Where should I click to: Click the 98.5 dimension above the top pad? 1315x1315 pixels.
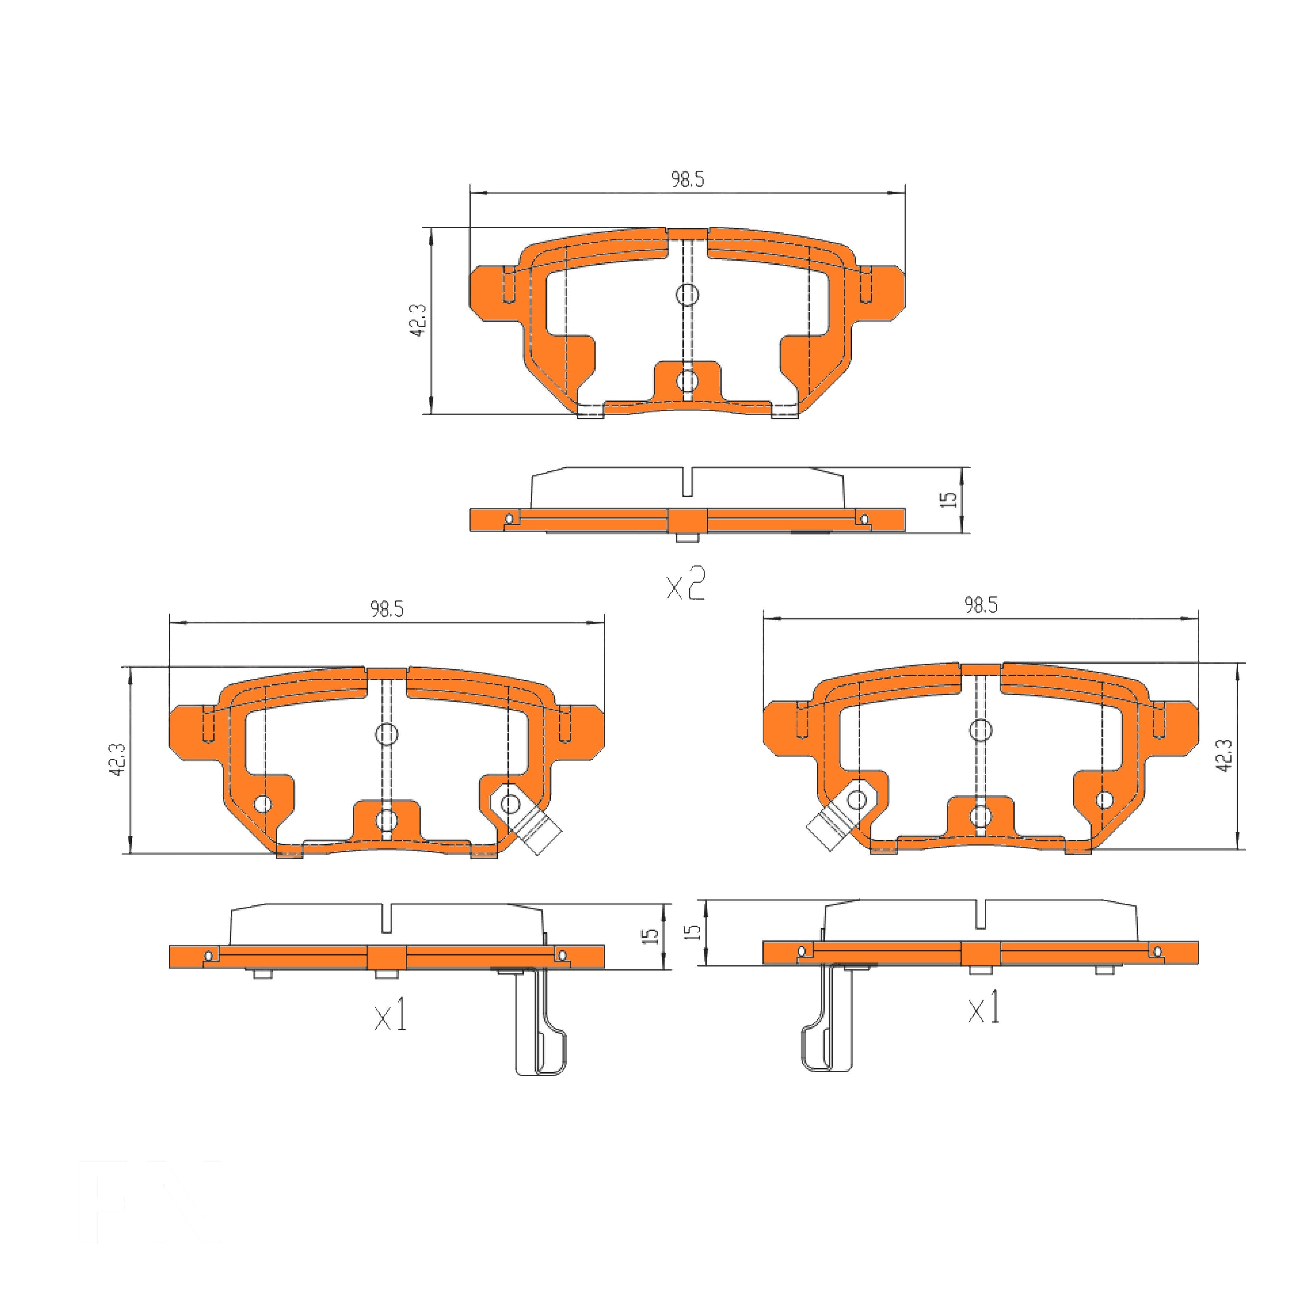click(x=687, y=180)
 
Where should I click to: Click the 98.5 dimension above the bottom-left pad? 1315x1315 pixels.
click(x=387, y=609)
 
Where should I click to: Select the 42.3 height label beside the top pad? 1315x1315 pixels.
click(x=418, y=320)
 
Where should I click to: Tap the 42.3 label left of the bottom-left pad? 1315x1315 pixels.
click(x=117, y=760)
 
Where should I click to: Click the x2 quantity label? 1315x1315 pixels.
click(x=685, y=584)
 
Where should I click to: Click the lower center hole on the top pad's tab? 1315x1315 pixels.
click(x=687, y=380)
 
